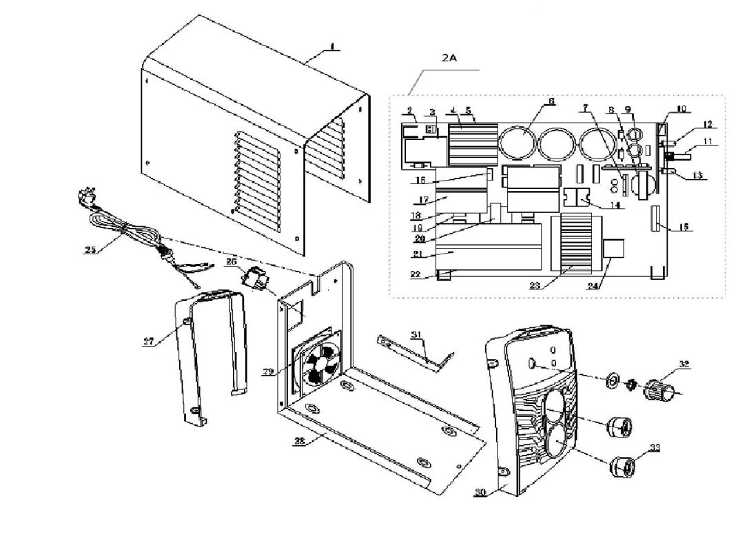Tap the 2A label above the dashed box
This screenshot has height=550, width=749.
449,59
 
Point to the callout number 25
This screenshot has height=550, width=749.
90,249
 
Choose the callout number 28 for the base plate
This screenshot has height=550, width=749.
298,441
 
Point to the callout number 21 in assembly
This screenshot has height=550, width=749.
416,254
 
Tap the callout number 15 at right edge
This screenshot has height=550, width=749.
682,227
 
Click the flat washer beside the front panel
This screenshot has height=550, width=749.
611,380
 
